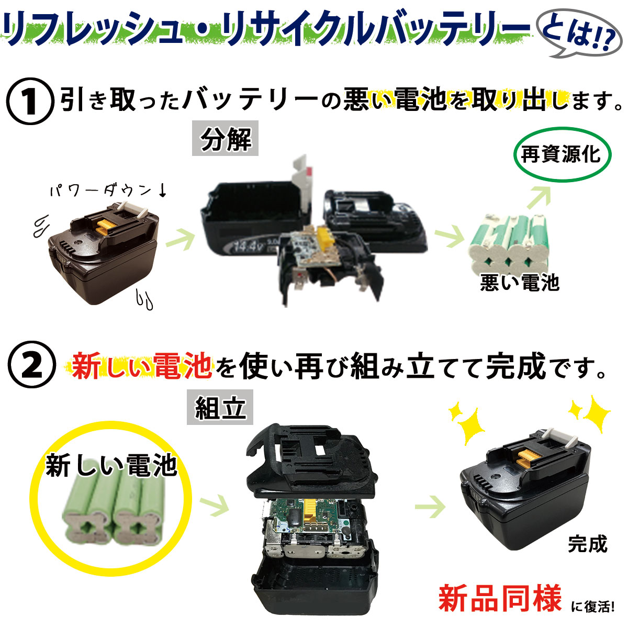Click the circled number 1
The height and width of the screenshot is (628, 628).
(30, 102)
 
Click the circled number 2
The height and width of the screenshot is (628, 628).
(31, 365)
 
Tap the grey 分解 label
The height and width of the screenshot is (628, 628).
(225, 138)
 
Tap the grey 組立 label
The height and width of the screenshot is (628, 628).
(220, 407)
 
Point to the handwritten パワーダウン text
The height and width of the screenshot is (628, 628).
(108, 190)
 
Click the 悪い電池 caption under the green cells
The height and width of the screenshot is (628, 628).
(520, 283)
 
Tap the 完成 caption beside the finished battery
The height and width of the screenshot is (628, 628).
(587, 543)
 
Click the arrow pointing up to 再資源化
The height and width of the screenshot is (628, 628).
(540, 197)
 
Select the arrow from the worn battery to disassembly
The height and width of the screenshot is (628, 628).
(181, 239)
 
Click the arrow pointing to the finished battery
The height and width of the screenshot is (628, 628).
(430, 507)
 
